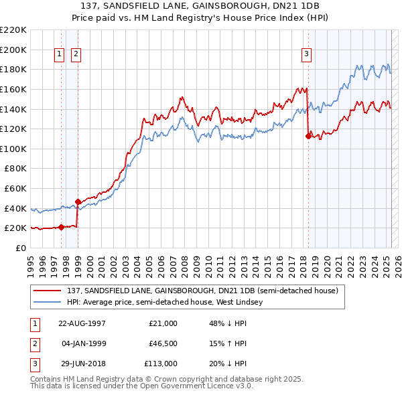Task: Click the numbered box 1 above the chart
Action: [x=60, y=55]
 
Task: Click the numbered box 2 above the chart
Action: [x=76, y=55]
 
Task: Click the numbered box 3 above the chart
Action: [x=307, y=55]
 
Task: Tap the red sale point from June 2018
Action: [x=308, y=136]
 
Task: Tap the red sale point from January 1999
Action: [x=78, y=202]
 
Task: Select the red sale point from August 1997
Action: [x=61, y=227]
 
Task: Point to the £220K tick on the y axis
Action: [x=13, y=30]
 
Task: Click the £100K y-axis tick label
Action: [x=13, y=149]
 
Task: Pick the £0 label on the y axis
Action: [x=21, y=248]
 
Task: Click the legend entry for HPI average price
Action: [x=165, y=302]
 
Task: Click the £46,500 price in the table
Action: [x=163, y=343]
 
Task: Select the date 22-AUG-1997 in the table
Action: [x=82, y=323]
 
